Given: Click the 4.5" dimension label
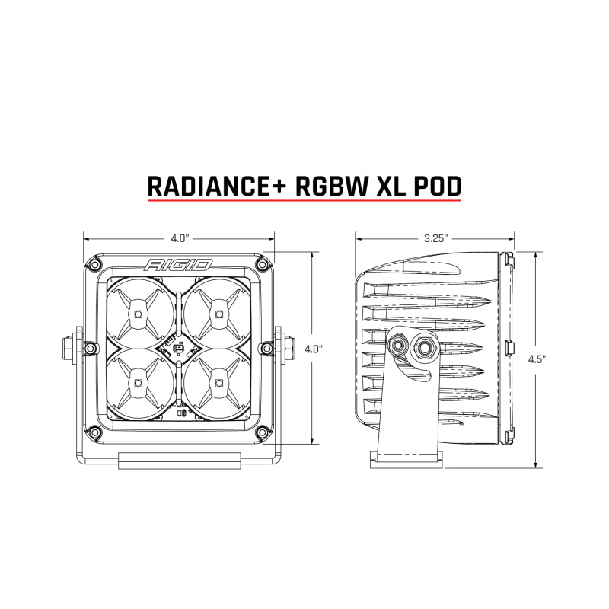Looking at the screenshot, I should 540,360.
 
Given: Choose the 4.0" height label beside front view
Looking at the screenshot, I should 314,349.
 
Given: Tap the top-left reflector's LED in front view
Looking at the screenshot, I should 137,313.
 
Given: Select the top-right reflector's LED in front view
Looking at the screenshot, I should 218,313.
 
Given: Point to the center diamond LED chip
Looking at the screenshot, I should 177,349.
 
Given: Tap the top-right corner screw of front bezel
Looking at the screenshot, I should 263,264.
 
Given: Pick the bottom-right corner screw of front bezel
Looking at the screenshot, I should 263,431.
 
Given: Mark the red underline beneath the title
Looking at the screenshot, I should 304,202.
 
